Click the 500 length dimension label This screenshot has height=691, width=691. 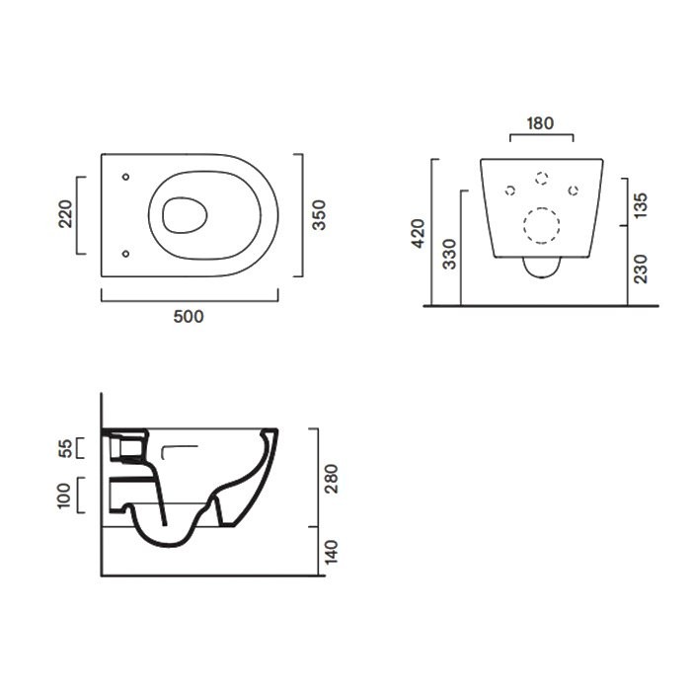(x=189, y=317)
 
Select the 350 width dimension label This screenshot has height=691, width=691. (x=319, y=215)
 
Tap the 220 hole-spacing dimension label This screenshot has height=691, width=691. (x=65, y=214)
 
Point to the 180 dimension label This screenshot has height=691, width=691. (x=541, y=123)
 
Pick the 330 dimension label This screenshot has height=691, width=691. (x=449, y=255)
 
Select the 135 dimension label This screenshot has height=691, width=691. (x=640, y=205)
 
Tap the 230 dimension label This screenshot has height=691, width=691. (x=640, y=269)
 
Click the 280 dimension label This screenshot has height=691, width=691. (x=331, y=479)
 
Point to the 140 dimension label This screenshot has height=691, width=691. (x=331, y=552)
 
